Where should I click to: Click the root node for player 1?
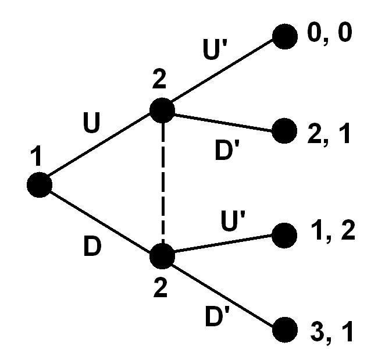(40, 185)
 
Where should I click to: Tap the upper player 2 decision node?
(162, 110)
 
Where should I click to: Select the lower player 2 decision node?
(162, 256)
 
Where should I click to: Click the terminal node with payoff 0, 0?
(285, 37)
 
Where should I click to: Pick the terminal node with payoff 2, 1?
(284, 131)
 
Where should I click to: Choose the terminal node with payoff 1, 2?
(284, 236)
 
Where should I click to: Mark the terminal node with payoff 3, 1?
(285, 330)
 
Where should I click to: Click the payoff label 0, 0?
(330, 34)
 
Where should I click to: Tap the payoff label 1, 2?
(333, 231)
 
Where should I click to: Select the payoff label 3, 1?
(332, 332)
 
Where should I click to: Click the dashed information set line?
(163, 183)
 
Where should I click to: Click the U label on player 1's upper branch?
(91, 123)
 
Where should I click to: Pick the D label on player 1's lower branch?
(92, 246)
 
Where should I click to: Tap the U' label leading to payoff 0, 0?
(215, 49)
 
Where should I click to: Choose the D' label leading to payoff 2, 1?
(227, 150)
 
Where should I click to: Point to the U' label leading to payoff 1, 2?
(233, 221)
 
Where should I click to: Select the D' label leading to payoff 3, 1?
(217, 316)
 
